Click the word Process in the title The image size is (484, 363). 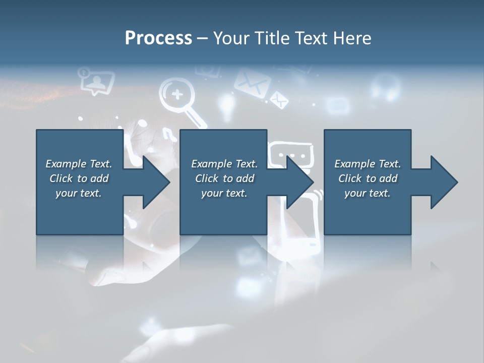point(158,38)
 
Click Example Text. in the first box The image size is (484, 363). point(79,164)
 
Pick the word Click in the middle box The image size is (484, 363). point(206,178)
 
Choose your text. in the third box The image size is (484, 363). point(367,193)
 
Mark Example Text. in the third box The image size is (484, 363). point(367,164)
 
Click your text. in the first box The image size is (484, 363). point(79,193)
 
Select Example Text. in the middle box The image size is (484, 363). point(224,164)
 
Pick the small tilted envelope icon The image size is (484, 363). point(279,99)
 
